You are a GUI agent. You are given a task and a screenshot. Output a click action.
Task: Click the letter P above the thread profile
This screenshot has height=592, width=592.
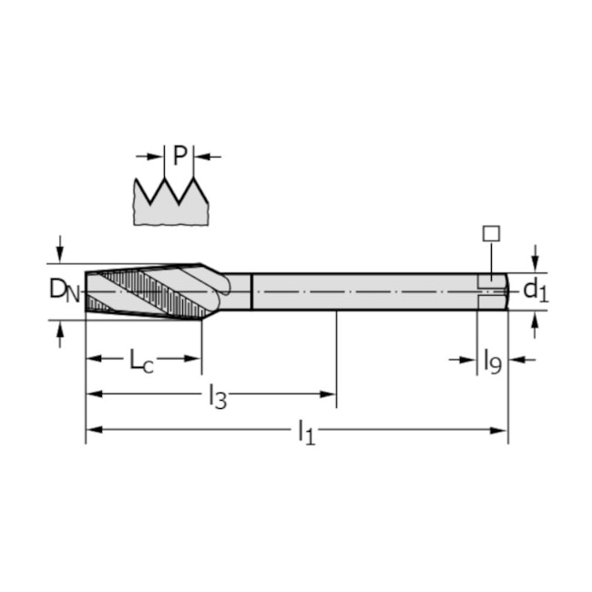pyautogui.click(x=179, y=157)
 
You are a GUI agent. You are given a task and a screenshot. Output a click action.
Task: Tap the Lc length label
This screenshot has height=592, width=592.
pyautogui.click(x=141, y=362)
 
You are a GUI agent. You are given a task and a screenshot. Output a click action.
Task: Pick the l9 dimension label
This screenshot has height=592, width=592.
pyautogui.click(x=492, y=362)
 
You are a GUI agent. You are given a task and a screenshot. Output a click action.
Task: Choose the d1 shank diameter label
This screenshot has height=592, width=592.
pyautogui.click(x=535, y=291)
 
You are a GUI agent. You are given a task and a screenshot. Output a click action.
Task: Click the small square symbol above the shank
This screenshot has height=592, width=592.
pyautogui.click(x=491, y=233)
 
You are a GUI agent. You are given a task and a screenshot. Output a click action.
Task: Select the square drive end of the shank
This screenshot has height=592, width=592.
pyautogui.click(x=493, y=291)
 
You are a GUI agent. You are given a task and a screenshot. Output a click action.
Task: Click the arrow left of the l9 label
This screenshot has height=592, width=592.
pyautogui.click(x=466, y=360)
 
